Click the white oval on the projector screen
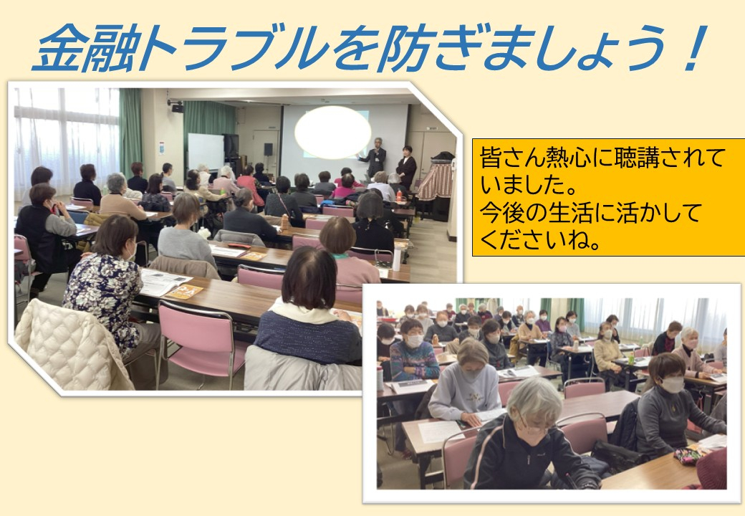point(332,132)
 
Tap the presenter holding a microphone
point(375,157)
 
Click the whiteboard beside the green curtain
point(206,152)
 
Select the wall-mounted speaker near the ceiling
point(177,108)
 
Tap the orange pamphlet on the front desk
point(184,292)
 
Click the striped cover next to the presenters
point(435,181)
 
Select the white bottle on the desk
point(396,259)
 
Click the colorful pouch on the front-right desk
point(688,456)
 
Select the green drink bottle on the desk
point(631,358)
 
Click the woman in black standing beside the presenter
point(407,166)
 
